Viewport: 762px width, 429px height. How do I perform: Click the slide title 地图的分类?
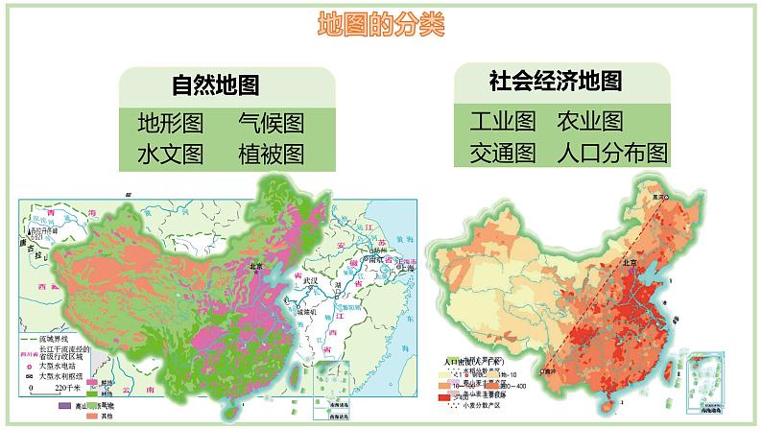[x=381, y=24]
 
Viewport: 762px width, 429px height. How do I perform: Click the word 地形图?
[x=170, y=123]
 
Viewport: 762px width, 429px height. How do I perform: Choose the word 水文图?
[x=170, y=154]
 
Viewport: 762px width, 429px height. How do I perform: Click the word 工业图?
[x=502, y=121]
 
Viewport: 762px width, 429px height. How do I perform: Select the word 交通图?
[x=502, y=153]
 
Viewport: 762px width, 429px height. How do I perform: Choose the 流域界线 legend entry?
[x=54, y=341]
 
